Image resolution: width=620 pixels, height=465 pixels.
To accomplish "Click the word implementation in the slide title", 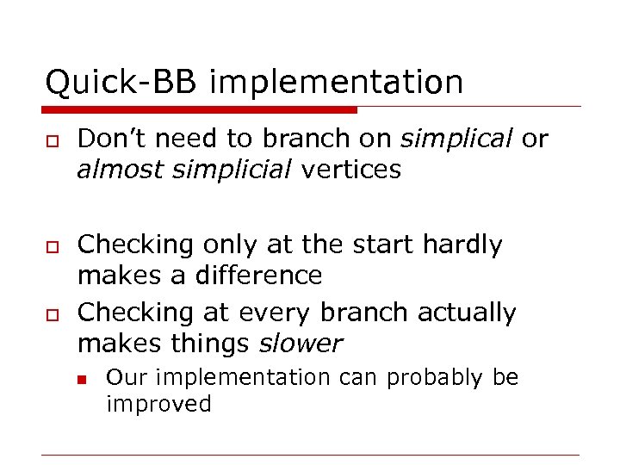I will (x=336, y=83).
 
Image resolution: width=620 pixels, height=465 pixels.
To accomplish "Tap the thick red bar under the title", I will (x=199, y=109).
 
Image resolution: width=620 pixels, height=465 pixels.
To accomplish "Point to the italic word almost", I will (x=121, y=170).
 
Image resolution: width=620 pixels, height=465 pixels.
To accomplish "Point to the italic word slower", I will (x=301, y=344).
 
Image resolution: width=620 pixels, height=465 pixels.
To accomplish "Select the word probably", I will (x=437, y=378).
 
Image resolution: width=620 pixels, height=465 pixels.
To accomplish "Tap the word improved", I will (x=158, y=404).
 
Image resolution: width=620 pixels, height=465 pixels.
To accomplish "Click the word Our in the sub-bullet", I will (x=122, y=378).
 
